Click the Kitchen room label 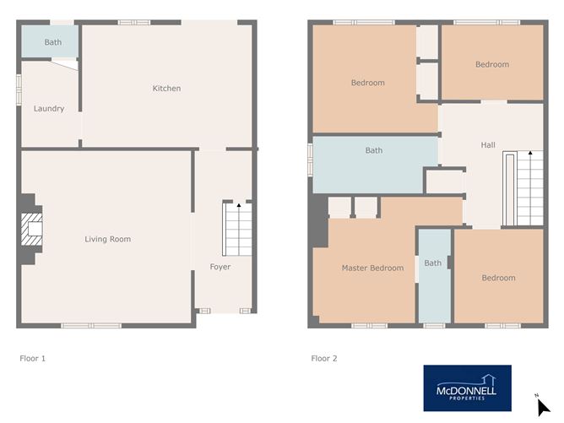point(166,89)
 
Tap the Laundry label point(49,109)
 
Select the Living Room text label point(108,240)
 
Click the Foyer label point(220,268)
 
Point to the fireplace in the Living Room point(32,229)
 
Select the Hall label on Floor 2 point(488,146)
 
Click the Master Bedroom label point(372,268)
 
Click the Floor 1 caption point(32,359)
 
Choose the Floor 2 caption point(324,359)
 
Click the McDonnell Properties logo point(467,388)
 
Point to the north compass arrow point(543,408)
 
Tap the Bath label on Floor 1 point(53,42)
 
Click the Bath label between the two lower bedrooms point(433,263)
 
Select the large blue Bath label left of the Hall point(374,151)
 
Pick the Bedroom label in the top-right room point(492,65)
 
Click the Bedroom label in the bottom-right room point(498,279)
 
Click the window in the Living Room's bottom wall point(90,325)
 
